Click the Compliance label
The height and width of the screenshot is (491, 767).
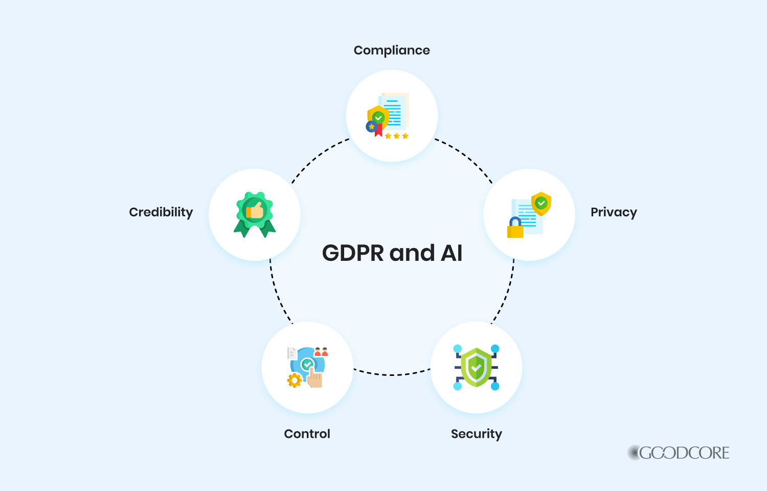(x=392, y=50)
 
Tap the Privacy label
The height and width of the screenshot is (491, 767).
(x=614, y=212)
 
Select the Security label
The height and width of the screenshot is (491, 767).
(x=476, y=434)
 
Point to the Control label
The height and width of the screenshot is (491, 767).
(x=307, y=434)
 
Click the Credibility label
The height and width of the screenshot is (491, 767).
(x=161, y=212)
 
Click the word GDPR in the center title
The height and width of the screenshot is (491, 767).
(x=353, y=253)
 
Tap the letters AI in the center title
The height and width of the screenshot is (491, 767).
(x=452, y=253)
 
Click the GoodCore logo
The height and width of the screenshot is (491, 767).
(x=679, y=453)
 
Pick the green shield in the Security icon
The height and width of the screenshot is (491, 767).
(x=476, y=367)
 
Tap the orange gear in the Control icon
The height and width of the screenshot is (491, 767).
(x=294, y=380)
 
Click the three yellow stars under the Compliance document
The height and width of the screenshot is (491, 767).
(x=397, y=136)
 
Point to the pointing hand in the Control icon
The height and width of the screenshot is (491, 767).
(x=315, y=378)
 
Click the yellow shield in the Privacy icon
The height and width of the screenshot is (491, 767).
(x=541, y=203)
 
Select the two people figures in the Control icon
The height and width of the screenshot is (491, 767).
(x=321, y=352)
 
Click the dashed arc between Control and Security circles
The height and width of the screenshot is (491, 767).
(x=392, y=374)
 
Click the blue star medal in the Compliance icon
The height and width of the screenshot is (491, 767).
(x=371, y=126)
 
